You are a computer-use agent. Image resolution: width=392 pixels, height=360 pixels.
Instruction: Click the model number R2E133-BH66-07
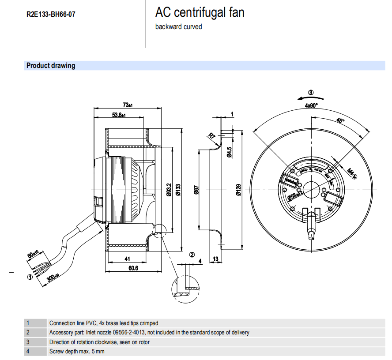click(51, 14)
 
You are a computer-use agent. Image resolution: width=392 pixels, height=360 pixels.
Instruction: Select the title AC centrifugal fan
click(200, 12)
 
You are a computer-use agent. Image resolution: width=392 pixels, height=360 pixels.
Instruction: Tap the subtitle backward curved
click(178, 27)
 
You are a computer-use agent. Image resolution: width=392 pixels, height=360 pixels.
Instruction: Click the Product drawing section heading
click(51, 66)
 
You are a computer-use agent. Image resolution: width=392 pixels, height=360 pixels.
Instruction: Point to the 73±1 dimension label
click(128, 105)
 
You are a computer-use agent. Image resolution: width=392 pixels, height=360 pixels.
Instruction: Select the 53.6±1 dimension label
click(118, 115)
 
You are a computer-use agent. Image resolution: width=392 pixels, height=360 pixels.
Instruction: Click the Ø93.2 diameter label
click(169, 189)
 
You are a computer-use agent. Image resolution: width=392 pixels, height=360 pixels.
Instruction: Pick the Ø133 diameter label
click(178, 189)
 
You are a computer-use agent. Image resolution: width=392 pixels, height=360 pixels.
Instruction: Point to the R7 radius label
click(212, 136)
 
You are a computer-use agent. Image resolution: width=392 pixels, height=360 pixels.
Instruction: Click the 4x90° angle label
click(311, 105)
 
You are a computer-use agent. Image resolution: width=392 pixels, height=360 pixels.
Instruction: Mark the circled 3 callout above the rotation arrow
click(311, 93)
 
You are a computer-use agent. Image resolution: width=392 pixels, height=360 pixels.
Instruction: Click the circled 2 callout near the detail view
click(192, 255)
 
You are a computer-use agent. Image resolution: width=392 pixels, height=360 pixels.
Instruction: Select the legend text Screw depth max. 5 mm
click(77, 351)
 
